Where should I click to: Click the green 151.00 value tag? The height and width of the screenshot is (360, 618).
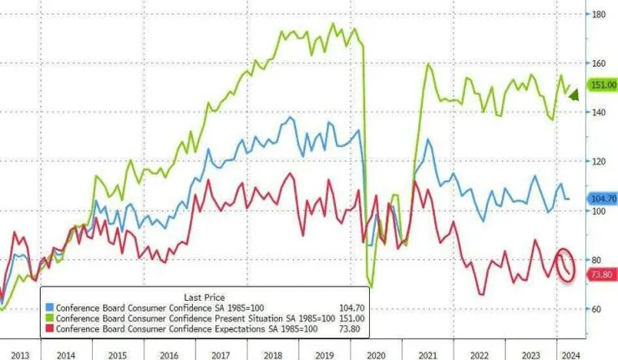(602, 85)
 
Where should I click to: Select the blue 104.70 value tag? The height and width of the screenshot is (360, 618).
(602, 199)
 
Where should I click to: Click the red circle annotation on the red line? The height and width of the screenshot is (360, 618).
(565, 265)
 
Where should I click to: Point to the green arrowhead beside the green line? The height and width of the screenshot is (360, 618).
(574, 96)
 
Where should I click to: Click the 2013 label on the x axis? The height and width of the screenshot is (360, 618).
(19, 354)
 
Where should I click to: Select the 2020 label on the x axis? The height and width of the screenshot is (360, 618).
(375, 354)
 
